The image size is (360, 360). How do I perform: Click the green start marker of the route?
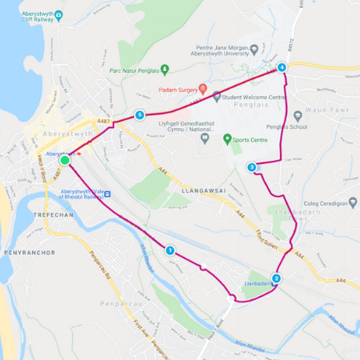coord(65,160)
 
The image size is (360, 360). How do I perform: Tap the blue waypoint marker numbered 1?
coord(170,250)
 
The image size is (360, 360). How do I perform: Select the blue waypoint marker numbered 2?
coord(276,278)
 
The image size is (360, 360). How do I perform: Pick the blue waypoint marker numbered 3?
coord(251,167)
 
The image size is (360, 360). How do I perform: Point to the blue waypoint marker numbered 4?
coord(282,68)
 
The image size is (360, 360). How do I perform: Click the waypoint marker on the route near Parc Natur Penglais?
coord(140,114)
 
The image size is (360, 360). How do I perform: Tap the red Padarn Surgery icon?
coord(203,88)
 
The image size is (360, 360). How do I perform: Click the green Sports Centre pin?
coord(204,138)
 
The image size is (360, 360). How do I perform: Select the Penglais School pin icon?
coord(298,115)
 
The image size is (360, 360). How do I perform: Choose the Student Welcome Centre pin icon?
coord(217,97)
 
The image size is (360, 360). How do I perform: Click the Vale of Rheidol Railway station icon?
coord(106,194)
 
